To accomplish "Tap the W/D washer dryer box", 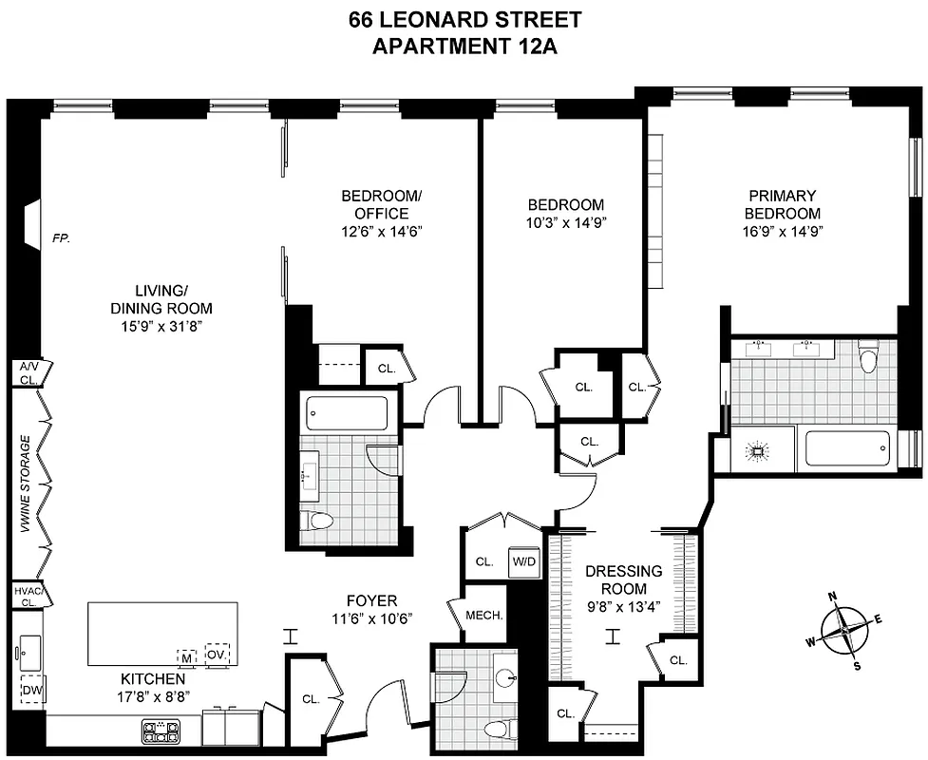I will pos(523,560).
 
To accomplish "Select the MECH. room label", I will pos(483,615).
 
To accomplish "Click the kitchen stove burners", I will pos(161,731).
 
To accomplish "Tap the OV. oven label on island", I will pos(217,655).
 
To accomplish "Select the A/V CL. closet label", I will pos(26,372).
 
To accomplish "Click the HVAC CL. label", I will pos(26,595).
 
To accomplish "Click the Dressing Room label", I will pos(623,579).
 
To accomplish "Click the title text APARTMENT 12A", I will pos(464,47).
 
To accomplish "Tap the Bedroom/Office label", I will pos(380,204).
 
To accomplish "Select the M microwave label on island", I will pos(187,655).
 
